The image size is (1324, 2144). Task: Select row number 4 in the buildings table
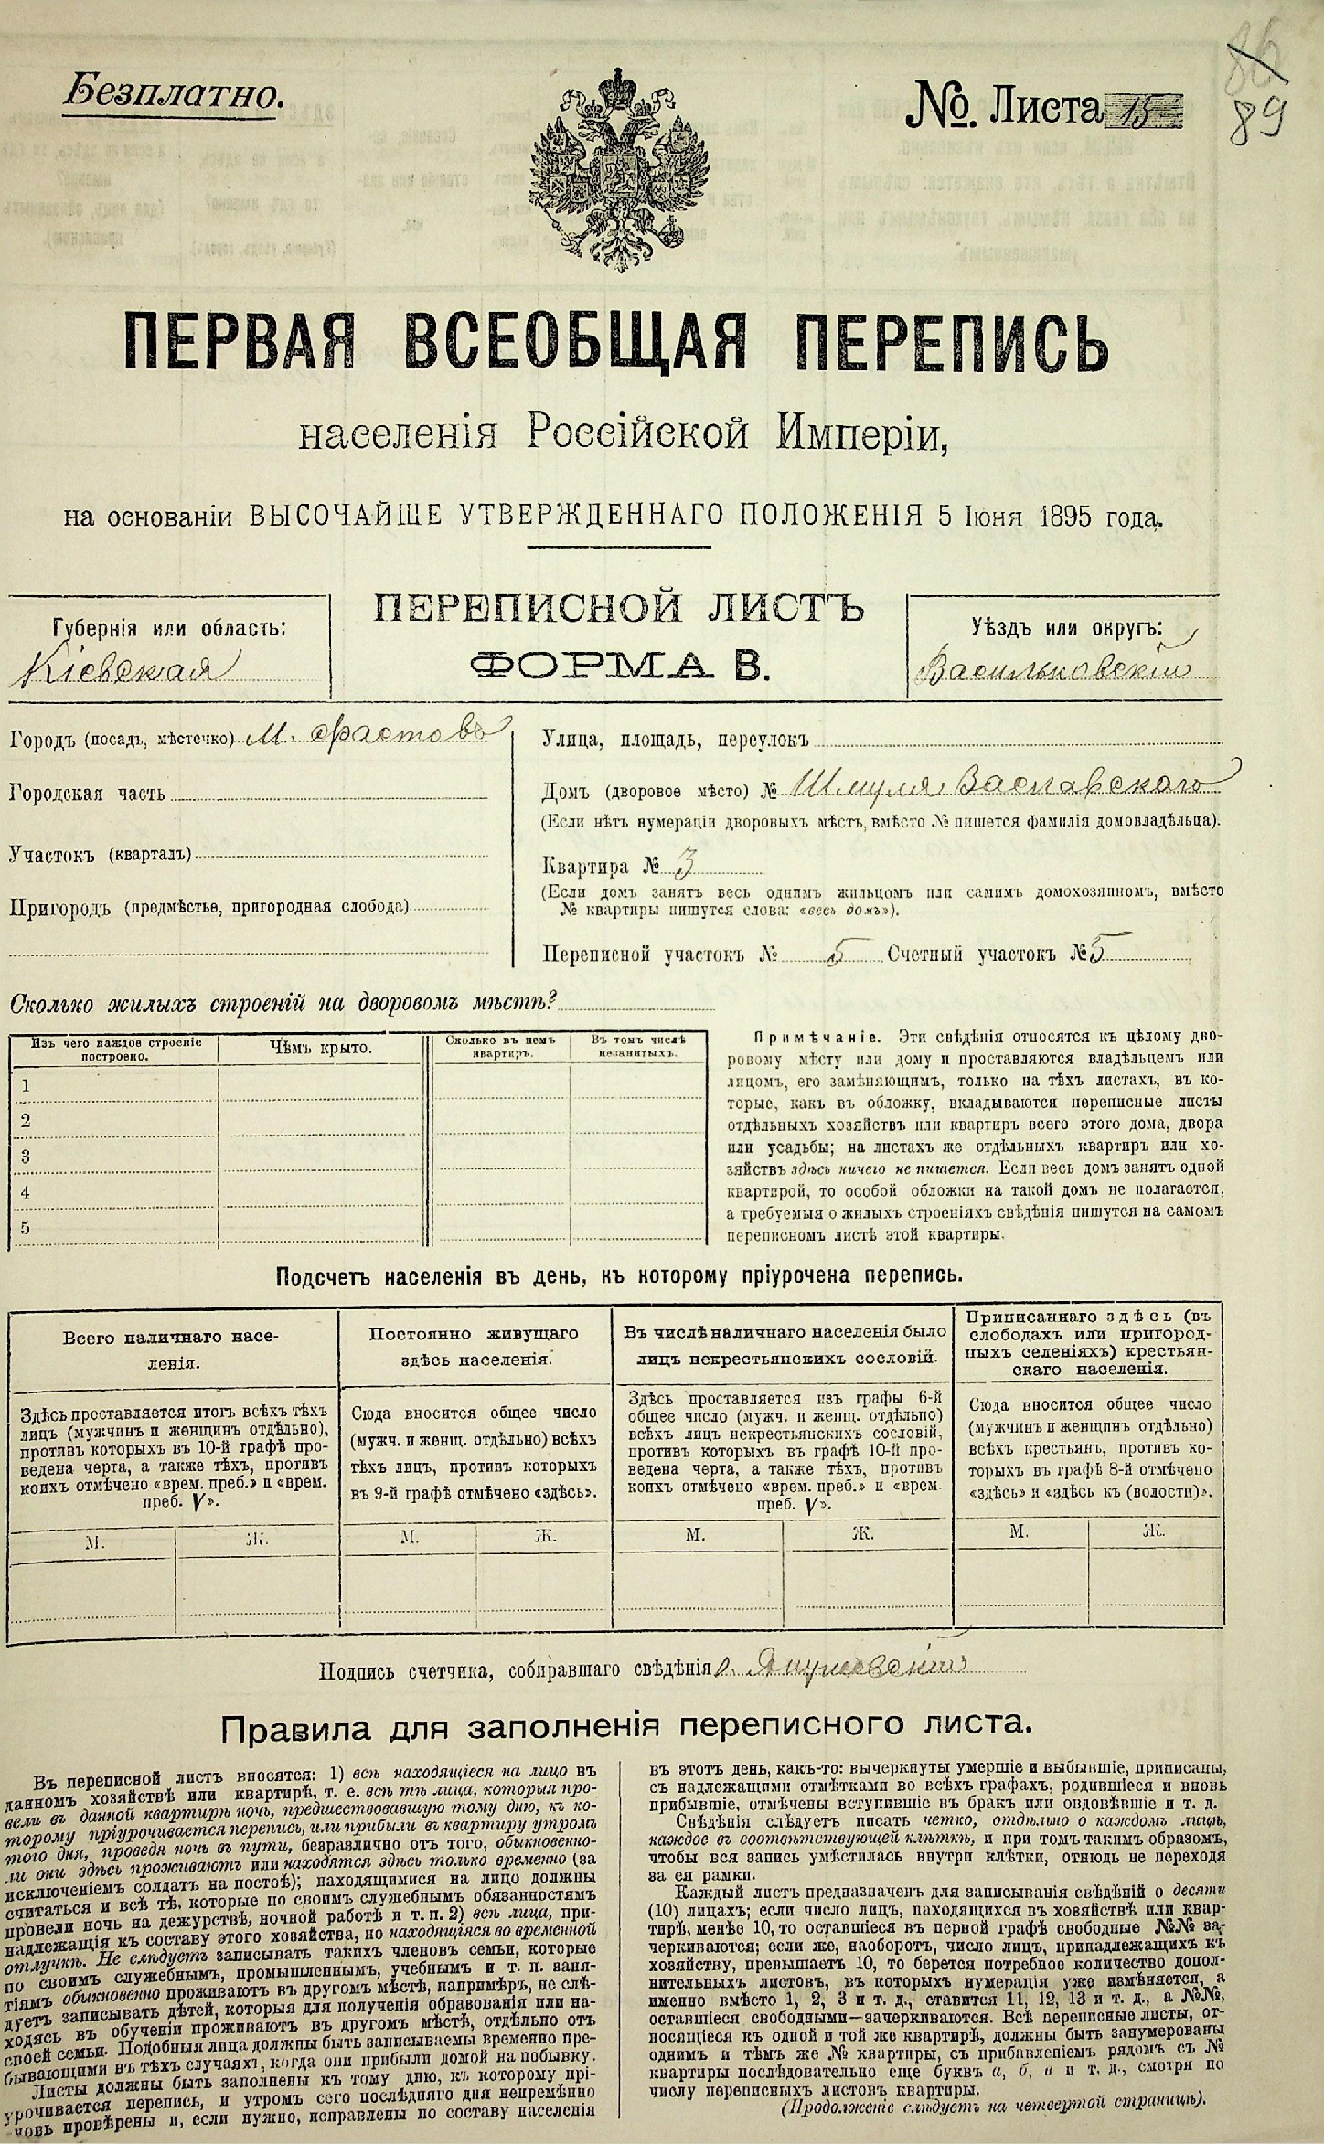click(x=27, y=1192)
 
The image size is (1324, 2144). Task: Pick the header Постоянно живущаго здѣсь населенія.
click(x=474, y=1346)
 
